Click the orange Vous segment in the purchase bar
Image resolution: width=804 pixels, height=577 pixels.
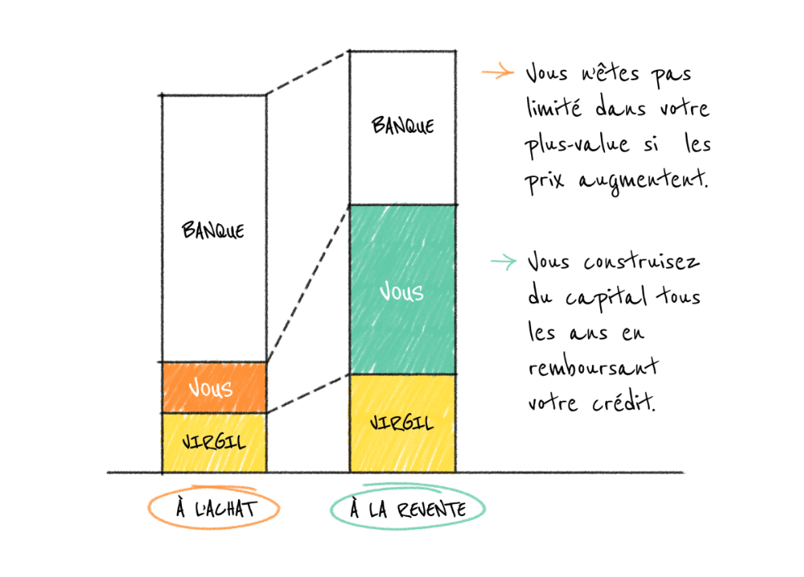coord(214,388)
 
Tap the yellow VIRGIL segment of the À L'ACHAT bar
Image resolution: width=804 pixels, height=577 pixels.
coord(214,443)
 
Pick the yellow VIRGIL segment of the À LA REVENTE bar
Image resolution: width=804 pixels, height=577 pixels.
coord(402,424)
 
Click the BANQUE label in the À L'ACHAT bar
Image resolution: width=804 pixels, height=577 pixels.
coord(213,230)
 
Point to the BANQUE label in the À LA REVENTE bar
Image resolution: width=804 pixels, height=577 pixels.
coord(403,126)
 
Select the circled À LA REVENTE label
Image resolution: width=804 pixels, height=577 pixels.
coord(408,510)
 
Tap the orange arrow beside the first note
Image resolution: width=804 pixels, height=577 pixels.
coord(498,72)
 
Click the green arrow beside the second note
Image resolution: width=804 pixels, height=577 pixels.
coord(503,261)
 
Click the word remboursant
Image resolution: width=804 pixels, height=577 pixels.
coord(593,368)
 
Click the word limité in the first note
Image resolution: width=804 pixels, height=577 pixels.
coord(555,108)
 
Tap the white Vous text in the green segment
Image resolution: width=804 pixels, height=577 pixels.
coord(402,291)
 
